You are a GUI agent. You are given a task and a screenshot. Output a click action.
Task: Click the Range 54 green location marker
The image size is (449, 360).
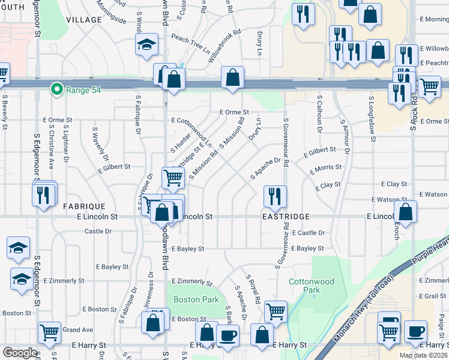(x=57, y=89)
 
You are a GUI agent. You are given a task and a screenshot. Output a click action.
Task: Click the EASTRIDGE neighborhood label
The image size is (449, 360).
(x=286, y=216)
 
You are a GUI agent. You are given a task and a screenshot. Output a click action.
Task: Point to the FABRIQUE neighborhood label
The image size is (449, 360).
(x=84, y=206)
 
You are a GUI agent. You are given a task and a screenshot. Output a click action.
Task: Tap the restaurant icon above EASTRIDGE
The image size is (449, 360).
(x=276, y=195)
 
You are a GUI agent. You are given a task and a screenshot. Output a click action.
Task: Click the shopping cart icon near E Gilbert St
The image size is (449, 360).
(x=173, y=176)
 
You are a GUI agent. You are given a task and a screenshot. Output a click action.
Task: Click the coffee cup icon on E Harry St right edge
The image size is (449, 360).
(x=415, y=331)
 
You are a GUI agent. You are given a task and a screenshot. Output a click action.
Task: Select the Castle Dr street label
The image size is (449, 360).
(x=98, y=231)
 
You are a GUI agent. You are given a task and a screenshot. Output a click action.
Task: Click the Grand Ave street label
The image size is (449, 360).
(x=78, y=329)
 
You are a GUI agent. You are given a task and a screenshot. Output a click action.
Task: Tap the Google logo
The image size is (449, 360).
(x=20, y=353)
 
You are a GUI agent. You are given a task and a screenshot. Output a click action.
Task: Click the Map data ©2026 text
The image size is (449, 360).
(x=423, y=355)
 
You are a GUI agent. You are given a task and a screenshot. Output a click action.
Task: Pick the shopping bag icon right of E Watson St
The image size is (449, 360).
(x=406, y=211)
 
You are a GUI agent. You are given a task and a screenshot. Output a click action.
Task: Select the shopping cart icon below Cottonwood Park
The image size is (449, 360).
(x=276, y=311)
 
